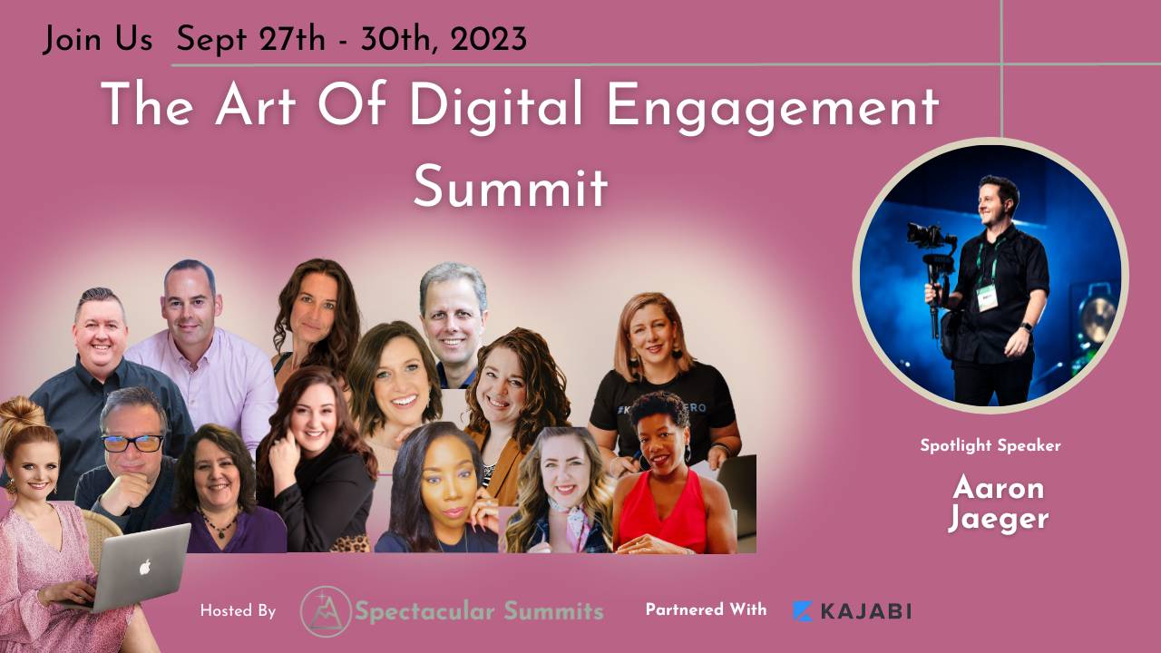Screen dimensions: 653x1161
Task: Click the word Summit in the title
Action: (x=511, y=188)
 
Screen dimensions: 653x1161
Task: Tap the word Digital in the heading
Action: (x=497, y=107)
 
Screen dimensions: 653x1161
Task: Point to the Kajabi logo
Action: (x=852, y=610)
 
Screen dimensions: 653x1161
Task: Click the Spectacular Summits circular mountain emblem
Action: (x=325, y=610)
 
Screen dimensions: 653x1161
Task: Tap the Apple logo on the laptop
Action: (x=143, y=569)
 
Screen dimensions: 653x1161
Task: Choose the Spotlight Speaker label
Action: (x=990, y=445)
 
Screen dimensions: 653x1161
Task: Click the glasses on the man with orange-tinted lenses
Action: (x=132, y=443)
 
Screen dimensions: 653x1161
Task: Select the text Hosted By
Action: (x=238, y=611)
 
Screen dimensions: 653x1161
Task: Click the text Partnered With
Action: (x=706, y=609)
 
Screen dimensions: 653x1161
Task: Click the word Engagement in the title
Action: (x=773, y=107)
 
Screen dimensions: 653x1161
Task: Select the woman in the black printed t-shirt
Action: (x=662, y=381)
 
